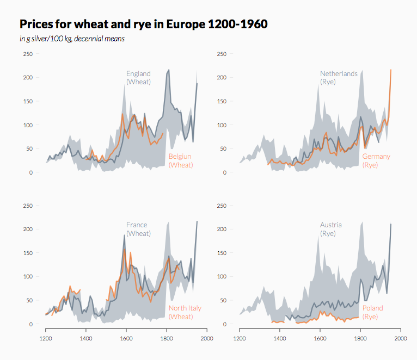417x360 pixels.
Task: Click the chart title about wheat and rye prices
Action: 144,24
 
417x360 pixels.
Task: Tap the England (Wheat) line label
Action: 138,78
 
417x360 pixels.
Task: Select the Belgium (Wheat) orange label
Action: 181,160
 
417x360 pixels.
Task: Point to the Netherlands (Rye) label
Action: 339,78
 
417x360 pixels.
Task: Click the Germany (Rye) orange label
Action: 376,160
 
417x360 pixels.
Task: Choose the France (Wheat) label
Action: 138,229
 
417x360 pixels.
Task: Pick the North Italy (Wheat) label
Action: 185,312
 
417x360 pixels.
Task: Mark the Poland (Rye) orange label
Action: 372,312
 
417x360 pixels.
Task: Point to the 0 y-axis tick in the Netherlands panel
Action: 224,172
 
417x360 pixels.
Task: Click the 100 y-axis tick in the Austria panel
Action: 222,276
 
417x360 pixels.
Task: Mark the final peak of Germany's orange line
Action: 391,70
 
